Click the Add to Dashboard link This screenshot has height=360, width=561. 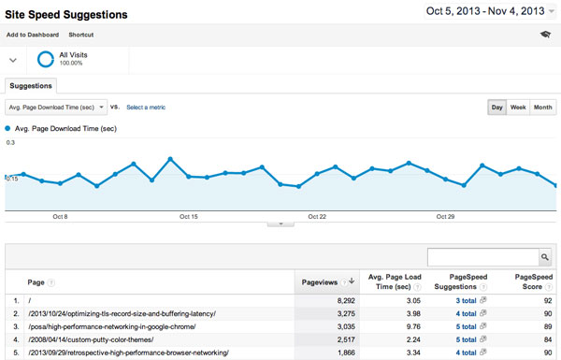(33, 34)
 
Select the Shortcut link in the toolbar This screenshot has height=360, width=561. (94, 34)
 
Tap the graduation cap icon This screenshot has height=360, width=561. (545, 35)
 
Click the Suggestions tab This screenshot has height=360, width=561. (31, 85)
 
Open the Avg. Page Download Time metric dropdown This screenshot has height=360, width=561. (57, 108)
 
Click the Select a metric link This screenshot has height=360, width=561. (146, 108)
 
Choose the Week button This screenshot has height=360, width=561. (518, 108)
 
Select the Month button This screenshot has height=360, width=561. (542, 108)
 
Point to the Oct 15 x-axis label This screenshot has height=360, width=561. (189, 216)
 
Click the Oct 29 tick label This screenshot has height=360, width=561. (445, 216)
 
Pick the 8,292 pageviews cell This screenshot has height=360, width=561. (340, 301)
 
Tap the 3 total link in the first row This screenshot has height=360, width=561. (466, 301)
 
